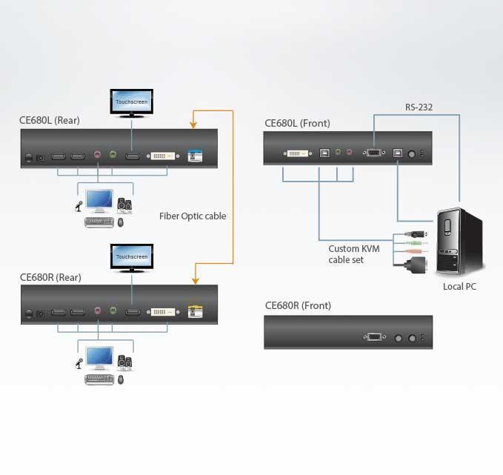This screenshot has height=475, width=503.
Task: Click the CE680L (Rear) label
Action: click(x=50, y=120)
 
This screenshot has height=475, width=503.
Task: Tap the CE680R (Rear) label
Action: click(x=50, y=277)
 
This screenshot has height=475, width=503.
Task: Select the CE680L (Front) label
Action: click(x=297, y=123)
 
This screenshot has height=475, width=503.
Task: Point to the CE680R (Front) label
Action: click(x=298, y=305)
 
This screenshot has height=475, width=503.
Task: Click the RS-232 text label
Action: click(x=419, y=107)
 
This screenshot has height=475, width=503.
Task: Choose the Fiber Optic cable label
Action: click(x=193, y=216)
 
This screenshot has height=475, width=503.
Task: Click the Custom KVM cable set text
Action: click(x=353, y=254)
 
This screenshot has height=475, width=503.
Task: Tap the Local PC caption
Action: click(x=459, y=286)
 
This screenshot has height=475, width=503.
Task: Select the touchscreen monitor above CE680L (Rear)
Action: click(x=132, y=102)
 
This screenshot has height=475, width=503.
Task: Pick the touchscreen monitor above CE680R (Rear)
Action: click(x=132, y=257)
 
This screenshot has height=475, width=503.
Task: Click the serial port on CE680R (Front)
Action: click(x=375, y=337)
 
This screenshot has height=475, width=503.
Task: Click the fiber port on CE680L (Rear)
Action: click(x=195, y=156)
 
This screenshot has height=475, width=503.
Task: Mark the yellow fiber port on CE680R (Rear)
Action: click(x=195, y=312)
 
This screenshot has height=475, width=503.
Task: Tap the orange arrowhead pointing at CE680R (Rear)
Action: click(x=195, y=280)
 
